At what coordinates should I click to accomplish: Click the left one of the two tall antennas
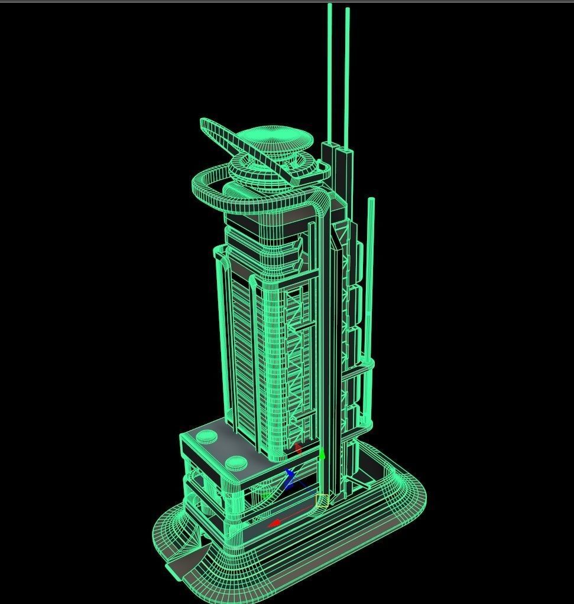click(330, 71)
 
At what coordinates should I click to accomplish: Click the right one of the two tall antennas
click(347, 77)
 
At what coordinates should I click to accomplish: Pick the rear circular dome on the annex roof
click(207, 437)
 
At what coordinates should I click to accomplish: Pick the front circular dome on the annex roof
click(237, 463)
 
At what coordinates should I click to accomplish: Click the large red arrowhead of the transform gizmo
click(274, 523)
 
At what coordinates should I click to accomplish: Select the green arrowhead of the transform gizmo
click(322, 456)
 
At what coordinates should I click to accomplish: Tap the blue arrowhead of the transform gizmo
click(290, 474)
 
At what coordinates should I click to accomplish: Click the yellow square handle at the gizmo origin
click(322, 501)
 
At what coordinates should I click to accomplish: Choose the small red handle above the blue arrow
click(299, 449)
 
